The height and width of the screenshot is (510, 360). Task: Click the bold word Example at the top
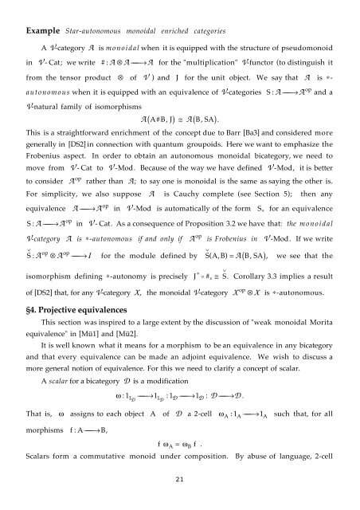(41, 15)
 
